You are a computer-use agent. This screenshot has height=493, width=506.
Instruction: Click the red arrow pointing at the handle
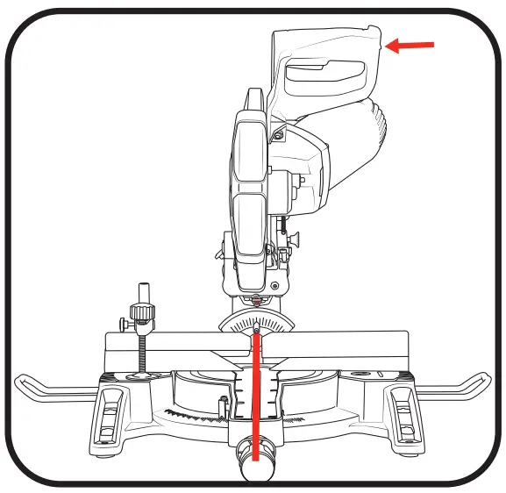pos(410,45)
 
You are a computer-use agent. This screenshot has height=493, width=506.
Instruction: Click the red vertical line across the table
pos(256,395)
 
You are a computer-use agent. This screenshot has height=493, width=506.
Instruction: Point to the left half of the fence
pos(167,347)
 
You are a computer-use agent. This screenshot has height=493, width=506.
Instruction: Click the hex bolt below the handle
pos(278,134)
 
